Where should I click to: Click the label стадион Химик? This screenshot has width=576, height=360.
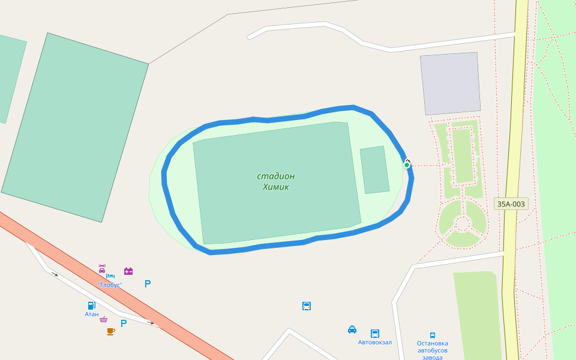[276, 181]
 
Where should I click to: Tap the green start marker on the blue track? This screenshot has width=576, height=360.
[407, 164]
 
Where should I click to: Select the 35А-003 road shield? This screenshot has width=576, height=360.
[511, 204]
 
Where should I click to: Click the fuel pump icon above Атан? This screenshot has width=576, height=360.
[91, 305]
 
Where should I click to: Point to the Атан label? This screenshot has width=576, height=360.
[92, 314]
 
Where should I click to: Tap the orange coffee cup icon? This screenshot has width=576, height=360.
[110, 331]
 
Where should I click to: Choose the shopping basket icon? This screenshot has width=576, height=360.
[103, 319]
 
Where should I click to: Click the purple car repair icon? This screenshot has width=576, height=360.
[102, 268]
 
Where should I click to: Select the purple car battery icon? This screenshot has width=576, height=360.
[128, 271]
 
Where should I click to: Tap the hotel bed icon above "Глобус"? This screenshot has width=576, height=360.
[110, 276]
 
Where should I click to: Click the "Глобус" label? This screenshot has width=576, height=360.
[110, 285]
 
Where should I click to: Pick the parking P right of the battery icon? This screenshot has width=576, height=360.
[148, 284]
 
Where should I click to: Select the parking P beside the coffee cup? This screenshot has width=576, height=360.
[124, 323]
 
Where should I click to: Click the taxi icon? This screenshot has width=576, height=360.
[352, 329]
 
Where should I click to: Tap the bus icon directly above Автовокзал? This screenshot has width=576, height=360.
[375, 333]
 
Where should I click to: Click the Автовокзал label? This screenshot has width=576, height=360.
[375, 343]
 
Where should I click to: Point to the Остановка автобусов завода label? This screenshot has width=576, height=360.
[433, 350]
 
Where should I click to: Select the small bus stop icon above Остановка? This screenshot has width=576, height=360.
[433, 335]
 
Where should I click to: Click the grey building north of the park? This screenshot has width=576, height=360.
[450, 83]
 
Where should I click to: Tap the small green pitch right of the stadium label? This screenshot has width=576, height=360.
[374, 170]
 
